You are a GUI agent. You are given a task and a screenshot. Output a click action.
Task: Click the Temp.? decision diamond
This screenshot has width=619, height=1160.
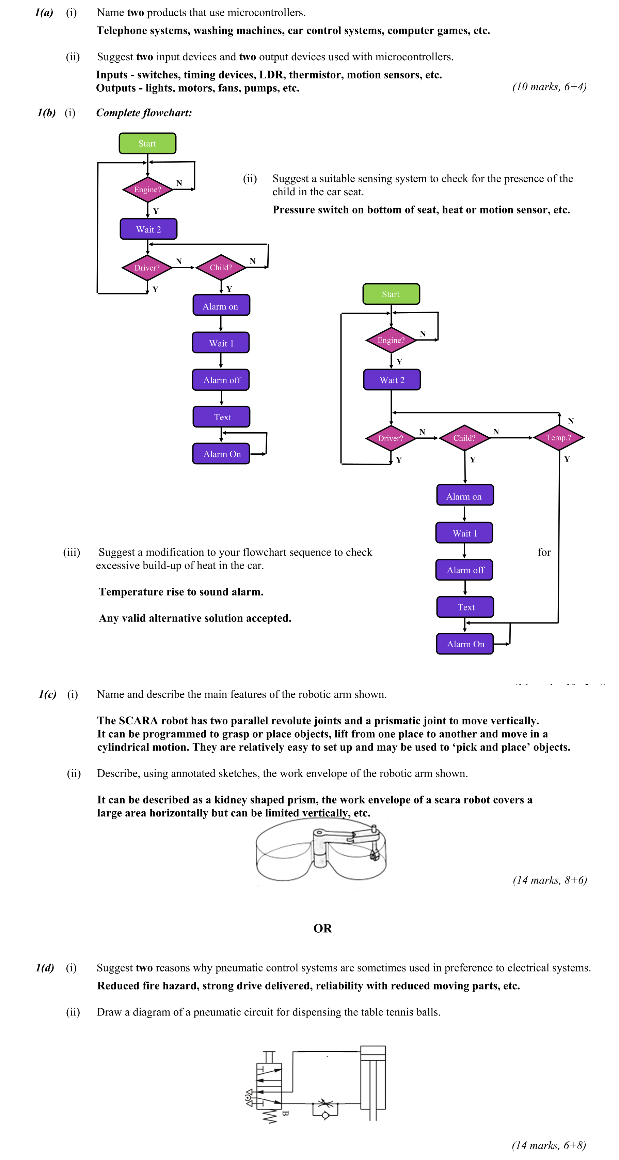558,437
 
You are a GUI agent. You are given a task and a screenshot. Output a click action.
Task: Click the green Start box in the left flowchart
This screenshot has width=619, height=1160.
147,143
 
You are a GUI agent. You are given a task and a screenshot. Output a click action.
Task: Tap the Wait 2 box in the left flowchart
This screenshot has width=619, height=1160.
148,229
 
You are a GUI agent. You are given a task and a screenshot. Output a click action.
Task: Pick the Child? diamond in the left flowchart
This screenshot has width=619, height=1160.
220,268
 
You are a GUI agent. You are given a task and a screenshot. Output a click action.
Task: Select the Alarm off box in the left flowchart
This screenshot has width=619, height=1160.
221,380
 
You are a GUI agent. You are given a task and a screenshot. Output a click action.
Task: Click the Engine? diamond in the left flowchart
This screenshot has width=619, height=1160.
147,190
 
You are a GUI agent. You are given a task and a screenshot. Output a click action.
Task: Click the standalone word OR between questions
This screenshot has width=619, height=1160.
322,928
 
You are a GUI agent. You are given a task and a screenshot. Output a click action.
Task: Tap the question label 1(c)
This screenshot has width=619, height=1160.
47,694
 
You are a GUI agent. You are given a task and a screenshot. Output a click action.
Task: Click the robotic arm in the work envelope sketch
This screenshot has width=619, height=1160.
346,840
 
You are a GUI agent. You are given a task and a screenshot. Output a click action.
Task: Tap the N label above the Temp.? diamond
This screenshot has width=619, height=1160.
570,421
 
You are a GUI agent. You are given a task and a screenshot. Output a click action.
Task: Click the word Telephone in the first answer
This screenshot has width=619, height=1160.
121,31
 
